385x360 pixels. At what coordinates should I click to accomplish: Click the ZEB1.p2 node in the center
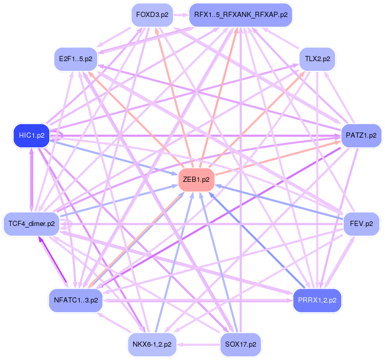click(195, 179)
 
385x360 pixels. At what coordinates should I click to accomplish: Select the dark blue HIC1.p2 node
click(31, 136)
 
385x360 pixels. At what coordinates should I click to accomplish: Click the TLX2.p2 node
click(317, 59)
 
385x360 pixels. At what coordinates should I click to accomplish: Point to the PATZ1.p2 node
click(361, 136)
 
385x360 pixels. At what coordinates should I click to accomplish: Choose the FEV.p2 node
click(361, 224)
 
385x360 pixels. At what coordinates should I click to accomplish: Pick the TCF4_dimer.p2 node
click(31, 224)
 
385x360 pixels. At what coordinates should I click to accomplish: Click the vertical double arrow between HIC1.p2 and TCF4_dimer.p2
click(31, 180)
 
